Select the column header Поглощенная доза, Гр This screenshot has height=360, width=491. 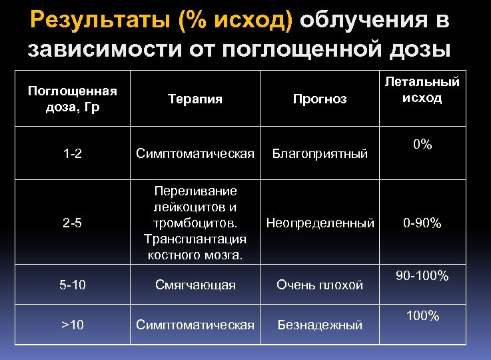(x=73, y=99)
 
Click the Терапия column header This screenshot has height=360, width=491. (x=195, y=99)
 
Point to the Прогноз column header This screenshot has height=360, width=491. (x=320, y=99)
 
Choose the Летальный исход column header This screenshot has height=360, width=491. (x=422, y=89)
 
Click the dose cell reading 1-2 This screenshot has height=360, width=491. (x=73, y=154)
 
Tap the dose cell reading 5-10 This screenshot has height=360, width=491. (x=73, y=285)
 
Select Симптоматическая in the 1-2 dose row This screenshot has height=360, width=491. (x=195, y=154)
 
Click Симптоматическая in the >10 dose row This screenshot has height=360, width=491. (x=195, y=325)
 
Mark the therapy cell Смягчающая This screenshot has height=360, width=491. (x=195, y=285)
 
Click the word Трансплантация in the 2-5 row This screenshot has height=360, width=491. (x=195, y=239)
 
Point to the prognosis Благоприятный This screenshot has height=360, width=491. (x=320, y=154)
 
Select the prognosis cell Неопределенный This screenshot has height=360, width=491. (x=320, y=223)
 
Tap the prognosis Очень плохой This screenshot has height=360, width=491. (x=320, y=285)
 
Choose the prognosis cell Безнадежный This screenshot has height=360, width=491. (x=320, y=325)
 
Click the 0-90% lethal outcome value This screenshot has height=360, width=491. (x=422, y=223)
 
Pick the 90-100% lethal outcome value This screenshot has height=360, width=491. (x=422, y=275)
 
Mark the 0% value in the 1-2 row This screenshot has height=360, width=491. (x=422, y=145)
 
